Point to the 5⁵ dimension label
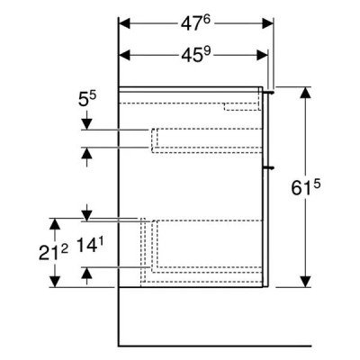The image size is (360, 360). click(x=87, y=99)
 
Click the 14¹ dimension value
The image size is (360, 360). click(x=88, y=244)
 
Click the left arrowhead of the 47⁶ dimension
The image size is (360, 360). click(x=125, y=23)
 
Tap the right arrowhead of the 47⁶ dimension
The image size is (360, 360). click(x=267, y=23)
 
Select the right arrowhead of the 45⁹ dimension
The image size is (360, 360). click(x=262, y=55)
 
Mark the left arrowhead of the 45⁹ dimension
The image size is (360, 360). click(x=125, y=55)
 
